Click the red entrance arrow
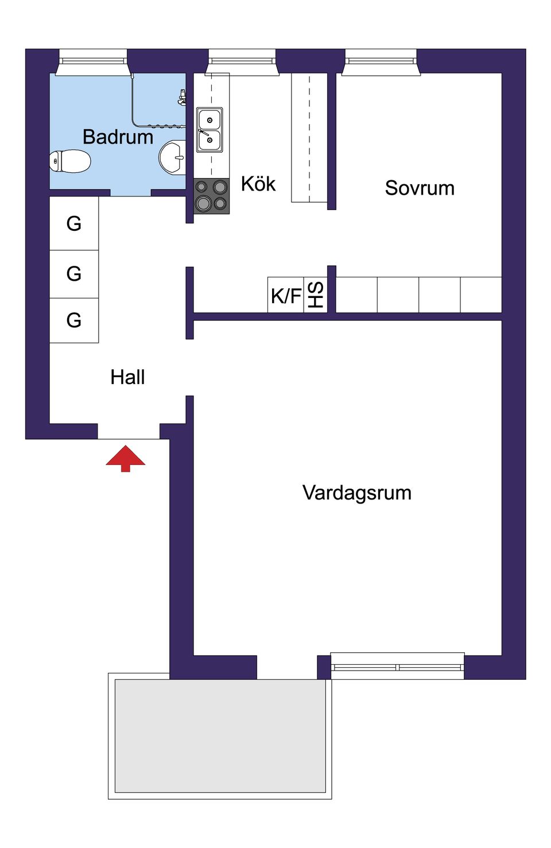click(x=125, y=459)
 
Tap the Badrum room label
click(x=118, y=137)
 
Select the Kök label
click(x=258, y=184)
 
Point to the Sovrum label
click(x=420, y=188)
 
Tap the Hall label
click(x=127, y=377)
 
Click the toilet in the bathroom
click(x=70, y=161)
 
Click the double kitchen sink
click(x=209, y=130)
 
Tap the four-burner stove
click(x=211, y=195)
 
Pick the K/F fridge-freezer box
click(x=286, y=296)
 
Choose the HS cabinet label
click(x=316, y=295)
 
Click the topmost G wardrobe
click(x=74, y=223)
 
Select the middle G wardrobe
click(x=74, y=273)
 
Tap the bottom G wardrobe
click(x=74, y=320)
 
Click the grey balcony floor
click(x=220, y=735)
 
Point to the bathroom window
click(x=92, y=61)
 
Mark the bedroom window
click(x=381, y=61)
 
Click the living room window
click(x=397, y=666)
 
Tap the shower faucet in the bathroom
click(x=182, y=97)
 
